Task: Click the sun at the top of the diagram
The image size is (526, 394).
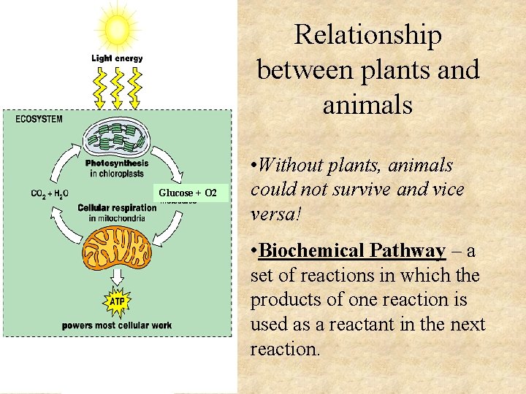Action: click(117, 28)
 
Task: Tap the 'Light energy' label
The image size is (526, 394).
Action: click(117, 58)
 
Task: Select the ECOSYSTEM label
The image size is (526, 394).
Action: click(39, 119)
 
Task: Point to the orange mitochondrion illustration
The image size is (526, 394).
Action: click(117, 248)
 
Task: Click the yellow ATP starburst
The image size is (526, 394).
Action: click(117, 300)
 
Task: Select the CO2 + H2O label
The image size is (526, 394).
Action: click(50, 193)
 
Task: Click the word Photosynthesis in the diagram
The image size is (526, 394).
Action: click(117, 163)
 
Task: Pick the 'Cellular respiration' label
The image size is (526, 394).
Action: click(117, 208)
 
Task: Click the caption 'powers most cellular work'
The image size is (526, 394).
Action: click(117, 325)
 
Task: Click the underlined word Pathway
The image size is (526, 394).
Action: click(406, 251)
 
